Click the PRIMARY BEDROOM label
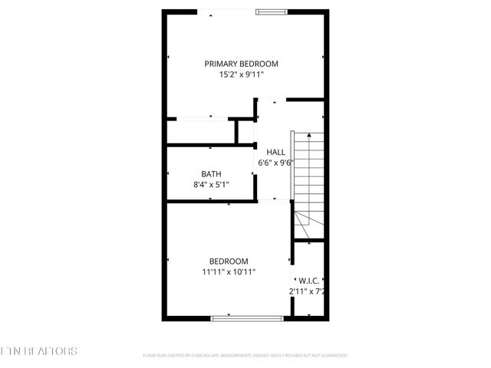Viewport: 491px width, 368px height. pos(241,64)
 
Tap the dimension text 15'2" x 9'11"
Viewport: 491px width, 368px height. pos(241,75)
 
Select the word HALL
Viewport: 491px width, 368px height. pos(275,152)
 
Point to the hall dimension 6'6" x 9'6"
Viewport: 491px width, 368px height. pos(275,163)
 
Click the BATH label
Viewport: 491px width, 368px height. pos(211,174)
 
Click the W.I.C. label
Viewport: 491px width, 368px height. pos(308,281)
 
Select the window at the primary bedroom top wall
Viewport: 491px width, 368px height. pos(272,11)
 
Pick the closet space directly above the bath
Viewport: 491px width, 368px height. pos(203,132)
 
